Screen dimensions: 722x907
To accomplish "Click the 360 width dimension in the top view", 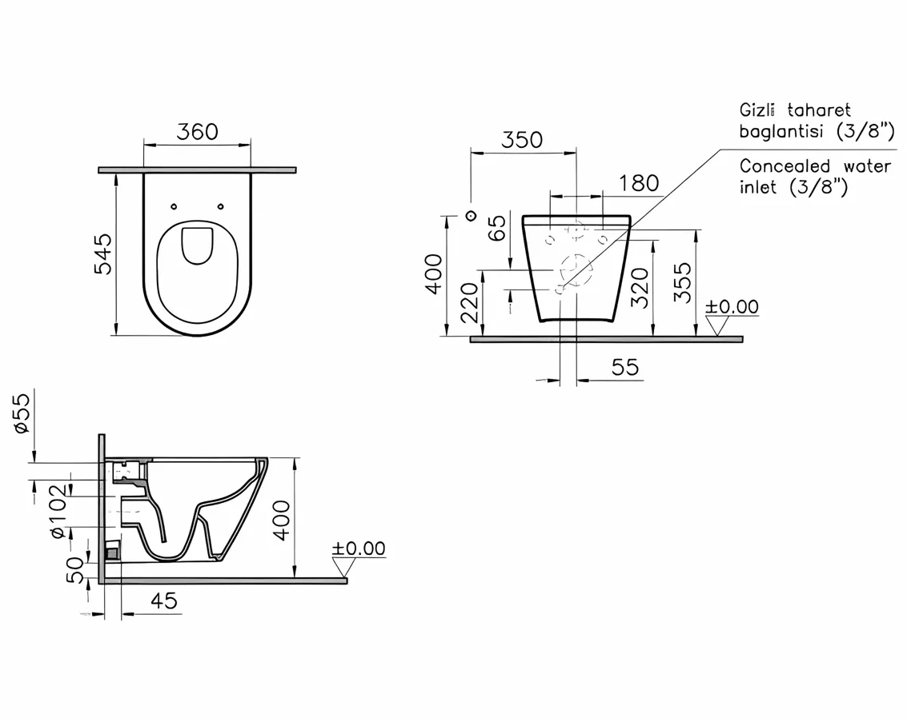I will tap(197, 131).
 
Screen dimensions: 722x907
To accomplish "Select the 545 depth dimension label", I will tap(105, 253).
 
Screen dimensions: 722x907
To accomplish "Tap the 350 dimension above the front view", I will tap(522, 140).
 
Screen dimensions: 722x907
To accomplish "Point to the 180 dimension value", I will tap(639, 183).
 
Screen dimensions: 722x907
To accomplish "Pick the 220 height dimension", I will tap(471, 302).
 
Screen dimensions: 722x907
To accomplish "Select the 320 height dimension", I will tap(640, 287).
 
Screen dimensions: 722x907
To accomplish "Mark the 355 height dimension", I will tap(682, 282).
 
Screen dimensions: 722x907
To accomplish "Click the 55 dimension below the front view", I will tap(625, 367).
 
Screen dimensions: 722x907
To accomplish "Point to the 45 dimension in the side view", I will tap(164, 600).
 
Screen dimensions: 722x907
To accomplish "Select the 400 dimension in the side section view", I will tap(282, 520).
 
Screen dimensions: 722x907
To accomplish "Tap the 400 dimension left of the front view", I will tap(434, 273).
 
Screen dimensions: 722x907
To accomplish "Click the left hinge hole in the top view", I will tap(175, 206).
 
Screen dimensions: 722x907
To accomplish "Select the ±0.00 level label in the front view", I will tap(732, 307).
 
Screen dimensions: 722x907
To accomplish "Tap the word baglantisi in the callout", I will tap(784, 132).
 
